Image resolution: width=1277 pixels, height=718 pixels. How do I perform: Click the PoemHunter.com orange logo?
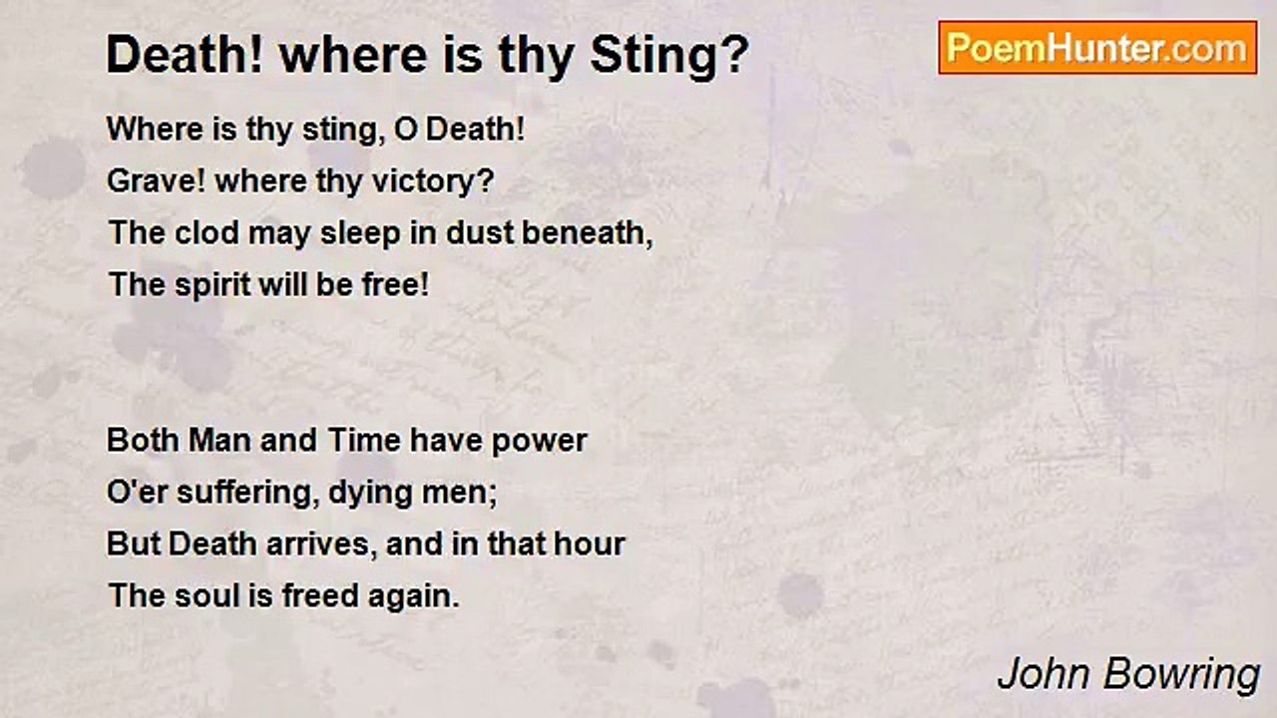click(x=1097, y=48)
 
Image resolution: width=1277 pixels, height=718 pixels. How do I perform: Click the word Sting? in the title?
click(x=669, y=55)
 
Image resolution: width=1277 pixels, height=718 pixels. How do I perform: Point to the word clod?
click(x=207, y=232)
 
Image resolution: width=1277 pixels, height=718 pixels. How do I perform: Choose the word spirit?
click(x=213, y=285)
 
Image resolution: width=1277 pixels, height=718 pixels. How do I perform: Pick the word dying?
click(x=370, y=494)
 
